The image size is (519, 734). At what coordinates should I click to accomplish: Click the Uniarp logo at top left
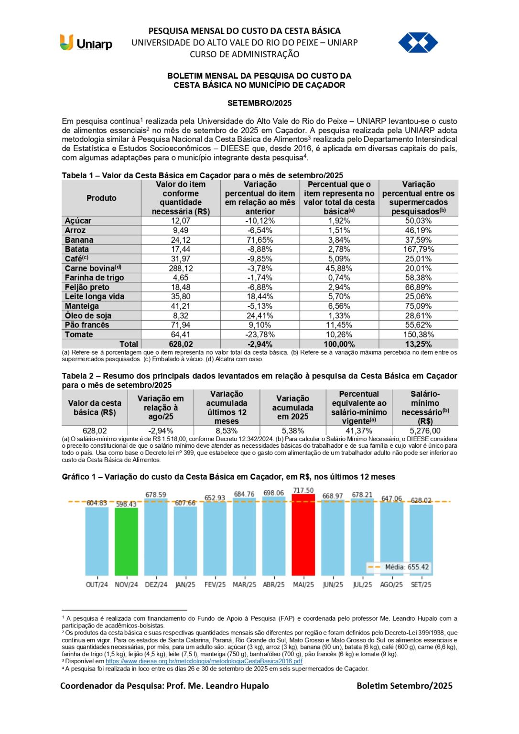pyautogui.click(x=86, y=43)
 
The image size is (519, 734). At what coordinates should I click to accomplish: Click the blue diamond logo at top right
pyautogui.click(x=418, y=43)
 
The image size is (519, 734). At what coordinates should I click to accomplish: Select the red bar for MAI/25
pyautogui.click(x=303, y=535)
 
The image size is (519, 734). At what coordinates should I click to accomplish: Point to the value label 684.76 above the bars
pyautogui.click(x=244, y=494)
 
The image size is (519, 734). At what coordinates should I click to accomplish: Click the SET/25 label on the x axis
pyautogui.click(x=421, y=584)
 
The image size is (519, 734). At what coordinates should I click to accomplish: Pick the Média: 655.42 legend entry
pyautogui.click(x=399, y=567)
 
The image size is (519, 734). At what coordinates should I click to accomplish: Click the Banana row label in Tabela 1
pyautogui.click(x=79, y=240)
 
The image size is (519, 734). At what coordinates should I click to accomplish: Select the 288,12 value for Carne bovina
pyautogui.click(x=181, y=269)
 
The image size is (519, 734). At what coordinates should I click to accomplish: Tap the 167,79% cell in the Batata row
pyautogui.click(x=418, y=249)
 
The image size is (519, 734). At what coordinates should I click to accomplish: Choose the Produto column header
pyautogui.click(x=101, y=198)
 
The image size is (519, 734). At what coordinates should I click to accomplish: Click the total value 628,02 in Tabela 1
pyautogui.click(x=181, y=344)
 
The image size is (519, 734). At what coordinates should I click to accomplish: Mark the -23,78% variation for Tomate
pyautogui.click(x=260, y=335)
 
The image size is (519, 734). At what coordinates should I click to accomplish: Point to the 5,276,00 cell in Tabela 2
pyautogui.click(x=425, y=431)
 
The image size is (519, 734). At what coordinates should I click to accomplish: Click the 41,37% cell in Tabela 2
pyautogui.click(x=359, y=431)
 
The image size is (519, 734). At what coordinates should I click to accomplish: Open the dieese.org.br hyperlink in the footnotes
pyautogui.click(x=204, y=661)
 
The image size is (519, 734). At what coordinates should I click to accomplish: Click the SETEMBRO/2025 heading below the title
pyautogui.click(x=259, y=103)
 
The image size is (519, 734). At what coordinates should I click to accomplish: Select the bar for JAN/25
pyautogui.click(x=185, y=540)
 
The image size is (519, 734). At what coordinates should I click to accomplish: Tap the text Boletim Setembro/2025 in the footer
pyautogui.click(x=404, y=686)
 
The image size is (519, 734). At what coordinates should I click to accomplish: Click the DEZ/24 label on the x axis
pyautogui.click(x=156, y=584)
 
